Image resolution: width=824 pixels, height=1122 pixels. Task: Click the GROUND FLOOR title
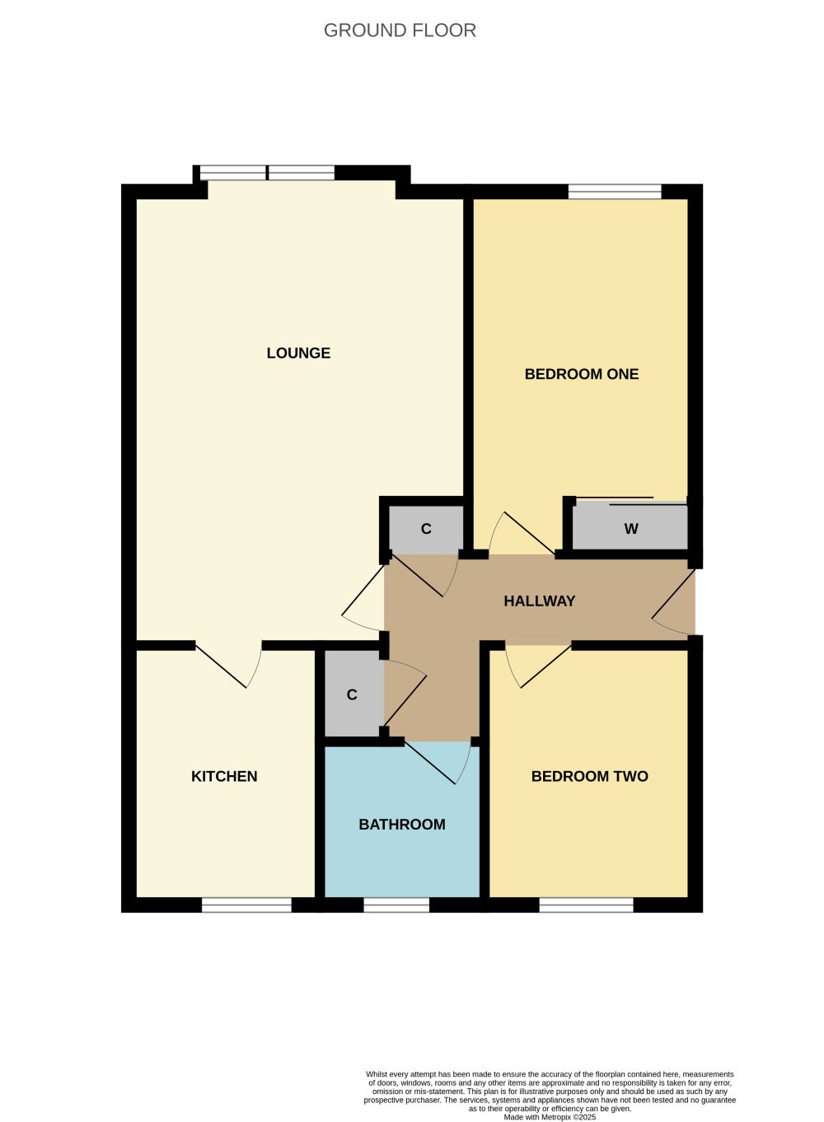[400, 30]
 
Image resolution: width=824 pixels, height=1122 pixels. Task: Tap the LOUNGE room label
[298, 353]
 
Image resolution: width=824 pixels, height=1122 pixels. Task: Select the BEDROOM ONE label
[582, 374]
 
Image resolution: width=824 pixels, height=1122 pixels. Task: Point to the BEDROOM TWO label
[590, 776]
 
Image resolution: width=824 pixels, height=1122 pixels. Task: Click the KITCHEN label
[224, 776]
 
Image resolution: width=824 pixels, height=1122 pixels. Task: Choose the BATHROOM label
[402, 825]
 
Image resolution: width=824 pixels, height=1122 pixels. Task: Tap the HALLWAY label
[539, 601]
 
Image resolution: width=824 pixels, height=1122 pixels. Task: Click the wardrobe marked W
[630, 527]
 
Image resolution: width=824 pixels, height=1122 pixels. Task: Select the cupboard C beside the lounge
[426, 529]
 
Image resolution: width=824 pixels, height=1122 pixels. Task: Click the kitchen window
[246, 905]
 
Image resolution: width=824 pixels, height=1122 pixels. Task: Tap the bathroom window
[396, 905]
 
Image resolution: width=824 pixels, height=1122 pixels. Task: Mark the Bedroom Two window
[586, 905]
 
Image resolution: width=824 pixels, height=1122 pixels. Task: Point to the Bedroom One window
[615, 191]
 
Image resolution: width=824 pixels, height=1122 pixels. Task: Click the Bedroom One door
[522, 533]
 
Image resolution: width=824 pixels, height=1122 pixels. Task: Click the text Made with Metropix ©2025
[550, 1117]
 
